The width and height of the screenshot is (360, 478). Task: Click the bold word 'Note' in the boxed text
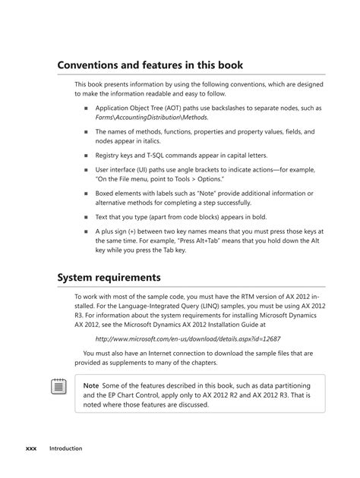pos(91,385)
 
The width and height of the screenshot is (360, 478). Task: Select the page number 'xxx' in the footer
pos(31,448)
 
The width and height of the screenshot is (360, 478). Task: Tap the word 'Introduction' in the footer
pos(66,448)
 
